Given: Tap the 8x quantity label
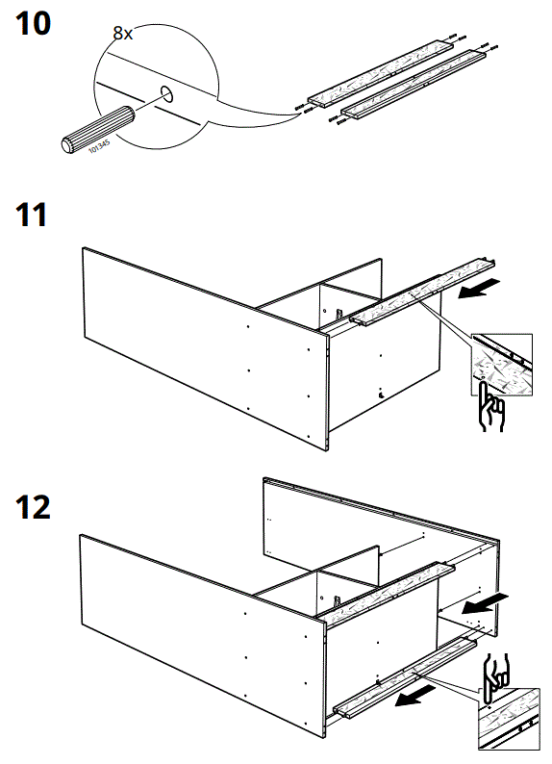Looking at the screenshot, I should click(123, 34).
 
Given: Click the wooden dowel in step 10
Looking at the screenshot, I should click(93, 128).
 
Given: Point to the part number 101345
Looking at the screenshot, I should click(99, 146).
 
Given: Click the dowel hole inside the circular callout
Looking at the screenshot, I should click(165, 94).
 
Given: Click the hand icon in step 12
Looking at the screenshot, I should click(498, 670).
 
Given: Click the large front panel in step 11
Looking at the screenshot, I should click(192, 337).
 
